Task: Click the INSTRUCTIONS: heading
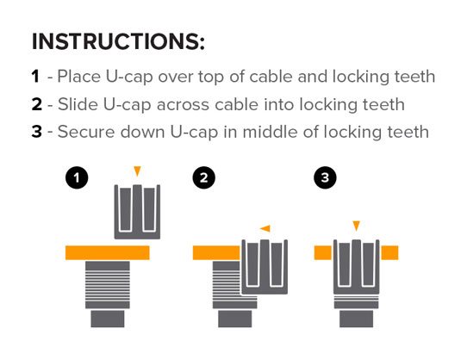118,41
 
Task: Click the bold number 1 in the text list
35,77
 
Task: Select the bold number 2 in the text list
37,104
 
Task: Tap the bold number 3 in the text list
37,132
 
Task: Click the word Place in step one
79,77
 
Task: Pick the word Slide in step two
78,104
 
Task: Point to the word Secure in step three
86,132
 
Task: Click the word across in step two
183,105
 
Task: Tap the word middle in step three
270,132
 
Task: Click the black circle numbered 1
77,177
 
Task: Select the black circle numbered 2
203,177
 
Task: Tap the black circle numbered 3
325,177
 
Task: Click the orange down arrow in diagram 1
137,171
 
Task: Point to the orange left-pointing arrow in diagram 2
265,229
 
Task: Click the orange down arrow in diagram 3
356,226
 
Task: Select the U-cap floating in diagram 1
137,212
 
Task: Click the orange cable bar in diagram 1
107,253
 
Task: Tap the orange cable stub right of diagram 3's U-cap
389,253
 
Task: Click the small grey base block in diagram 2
234,319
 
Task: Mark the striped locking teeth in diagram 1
108,285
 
